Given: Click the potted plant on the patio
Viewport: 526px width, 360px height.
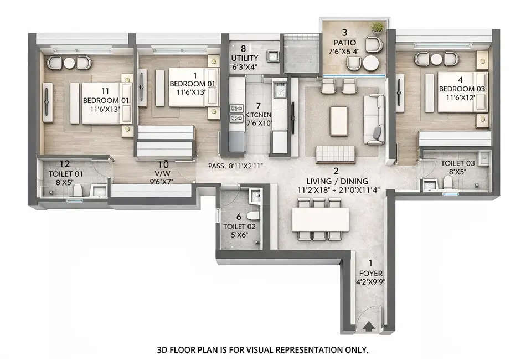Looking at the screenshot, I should pos(378,27).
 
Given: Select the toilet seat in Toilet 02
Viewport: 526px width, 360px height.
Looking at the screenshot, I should pos(252,214).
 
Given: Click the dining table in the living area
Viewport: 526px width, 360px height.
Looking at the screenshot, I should pos(321,219).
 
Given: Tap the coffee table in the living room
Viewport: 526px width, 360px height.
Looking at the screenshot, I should pos(338,120).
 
